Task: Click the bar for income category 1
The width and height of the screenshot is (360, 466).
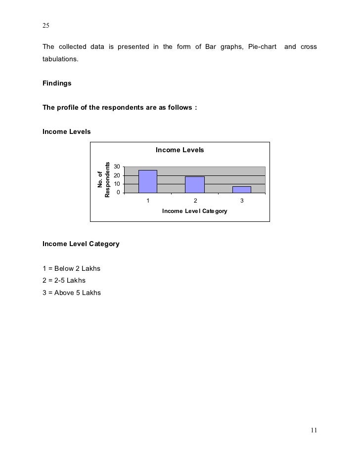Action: [148, 181]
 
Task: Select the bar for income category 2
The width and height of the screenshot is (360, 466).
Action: [195, 184]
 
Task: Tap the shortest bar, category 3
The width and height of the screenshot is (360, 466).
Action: [242, 189]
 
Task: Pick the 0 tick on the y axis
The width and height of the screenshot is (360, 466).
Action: [118, 192]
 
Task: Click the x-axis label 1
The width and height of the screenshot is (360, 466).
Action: [147, 201]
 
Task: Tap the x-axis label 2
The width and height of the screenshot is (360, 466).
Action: [195, 201]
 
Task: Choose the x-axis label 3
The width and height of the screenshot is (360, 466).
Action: [242, 201]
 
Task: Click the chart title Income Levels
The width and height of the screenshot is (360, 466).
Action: [180, 150]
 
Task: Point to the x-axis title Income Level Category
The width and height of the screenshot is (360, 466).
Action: [194, 212]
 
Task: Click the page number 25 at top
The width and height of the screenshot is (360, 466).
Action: [46, 25]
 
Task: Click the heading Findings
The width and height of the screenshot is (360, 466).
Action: [57, 84]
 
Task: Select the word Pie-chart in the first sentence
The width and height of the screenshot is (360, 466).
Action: [259, 47]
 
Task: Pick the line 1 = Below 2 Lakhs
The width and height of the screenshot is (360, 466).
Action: [71, 269]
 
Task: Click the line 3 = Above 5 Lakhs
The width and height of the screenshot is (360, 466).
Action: [72, 293]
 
